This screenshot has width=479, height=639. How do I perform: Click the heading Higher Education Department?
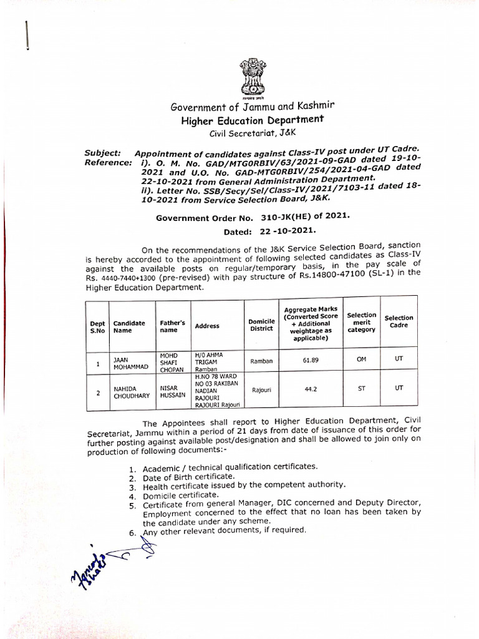pyautogui.click(x=253, y=119)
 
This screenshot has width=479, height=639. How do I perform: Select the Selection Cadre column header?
pyautogui.click(x=399, y=322)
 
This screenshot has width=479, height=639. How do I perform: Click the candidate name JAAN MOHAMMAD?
pyautogui.click(x=130, y=363)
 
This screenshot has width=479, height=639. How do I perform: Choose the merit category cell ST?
pyautogui.click(x=362, y=388)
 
